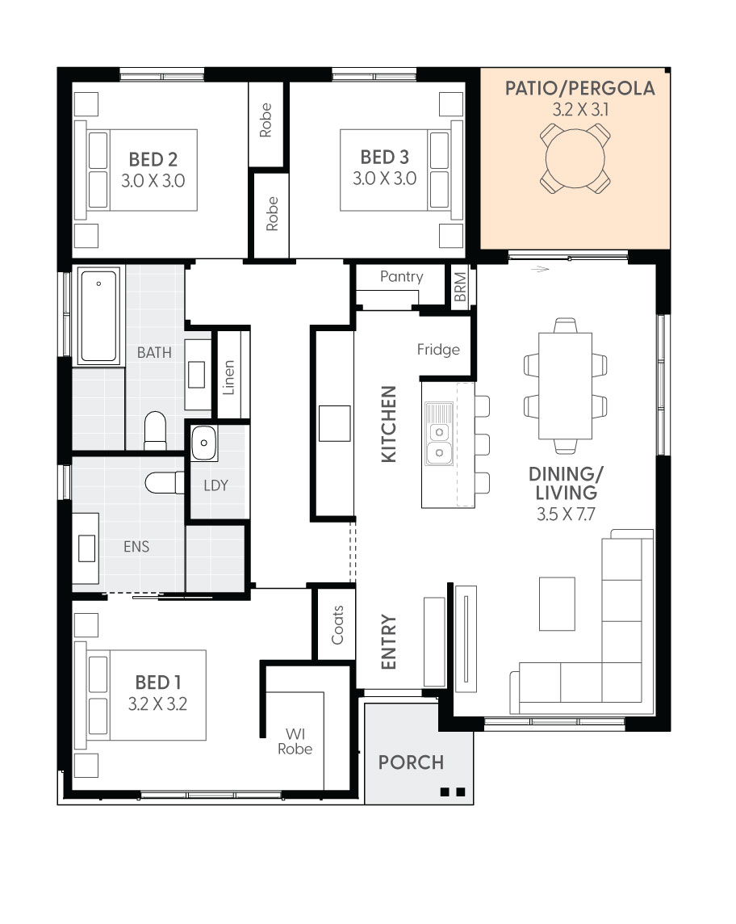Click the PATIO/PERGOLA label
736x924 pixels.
coord(580,88)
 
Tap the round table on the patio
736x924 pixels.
coord(575,158)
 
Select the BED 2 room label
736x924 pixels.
coord(153,159)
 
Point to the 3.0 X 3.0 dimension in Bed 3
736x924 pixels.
coord(384,178)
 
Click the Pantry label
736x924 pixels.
coord(402,276)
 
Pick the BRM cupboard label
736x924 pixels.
coord(460,287)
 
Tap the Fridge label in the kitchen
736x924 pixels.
coord(438,350)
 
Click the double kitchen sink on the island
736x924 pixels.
coord(439,443)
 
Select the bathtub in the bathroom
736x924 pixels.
coord(98,316)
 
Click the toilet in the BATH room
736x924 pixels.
coord(156,430)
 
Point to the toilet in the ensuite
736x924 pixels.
coord(165,483)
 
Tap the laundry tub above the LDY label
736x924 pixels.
coord(203,443)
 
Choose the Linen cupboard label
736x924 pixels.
coord(228,377)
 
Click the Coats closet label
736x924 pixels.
coord(337,624)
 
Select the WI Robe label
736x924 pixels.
coord(295,741)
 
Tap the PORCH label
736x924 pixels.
coord(411,762)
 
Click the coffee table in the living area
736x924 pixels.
coord(557,603)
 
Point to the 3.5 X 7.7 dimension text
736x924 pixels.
coord(566,514)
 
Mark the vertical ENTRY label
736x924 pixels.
coord(389,642)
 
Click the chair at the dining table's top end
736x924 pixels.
coord(565,325)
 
